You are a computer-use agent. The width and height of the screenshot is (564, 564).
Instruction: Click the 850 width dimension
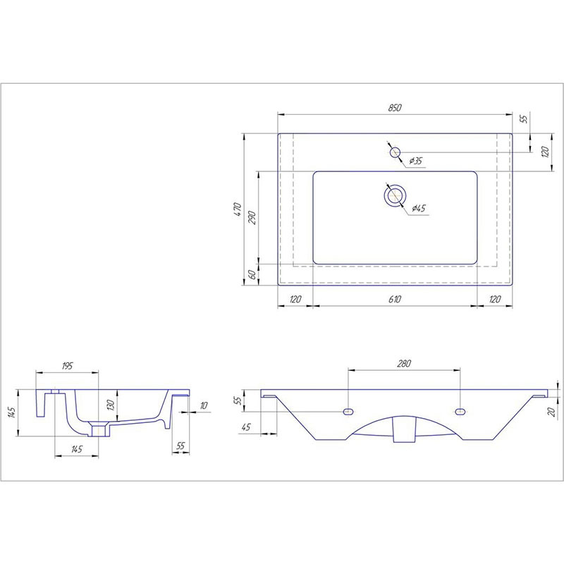(395, 108)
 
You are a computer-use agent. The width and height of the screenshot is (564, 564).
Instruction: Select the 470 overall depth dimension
(238, 209)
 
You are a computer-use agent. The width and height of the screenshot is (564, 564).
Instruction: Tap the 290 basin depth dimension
(252, 218)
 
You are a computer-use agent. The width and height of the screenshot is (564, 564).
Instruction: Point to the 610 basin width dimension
(395, 299)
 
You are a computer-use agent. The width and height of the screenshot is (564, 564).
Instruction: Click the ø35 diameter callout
(415, 161)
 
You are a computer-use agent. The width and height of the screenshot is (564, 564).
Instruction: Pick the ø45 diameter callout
(419, 208)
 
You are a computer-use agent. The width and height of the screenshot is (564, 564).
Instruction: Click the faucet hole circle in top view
(395, 152)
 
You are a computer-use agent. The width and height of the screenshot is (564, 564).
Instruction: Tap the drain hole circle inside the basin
(395, 195)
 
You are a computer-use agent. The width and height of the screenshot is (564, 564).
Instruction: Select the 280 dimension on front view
(404, 364)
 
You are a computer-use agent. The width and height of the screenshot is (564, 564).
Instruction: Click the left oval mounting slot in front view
(348, 412)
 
